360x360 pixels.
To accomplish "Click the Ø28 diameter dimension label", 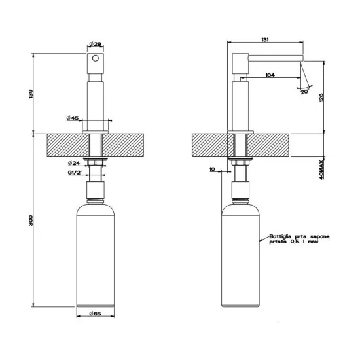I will tap(95, 45).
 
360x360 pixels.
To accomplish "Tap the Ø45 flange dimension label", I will tap(73, 118).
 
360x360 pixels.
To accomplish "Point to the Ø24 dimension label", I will tap(74, 162).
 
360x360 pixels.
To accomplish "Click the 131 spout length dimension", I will tap(266, 40).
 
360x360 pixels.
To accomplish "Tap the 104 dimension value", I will tap(270, 75).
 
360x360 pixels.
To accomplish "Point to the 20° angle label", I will tap(304, 92).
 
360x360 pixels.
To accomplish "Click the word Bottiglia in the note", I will tap(280, 239).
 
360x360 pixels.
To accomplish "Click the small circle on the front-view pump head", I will tap(96, 59).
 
